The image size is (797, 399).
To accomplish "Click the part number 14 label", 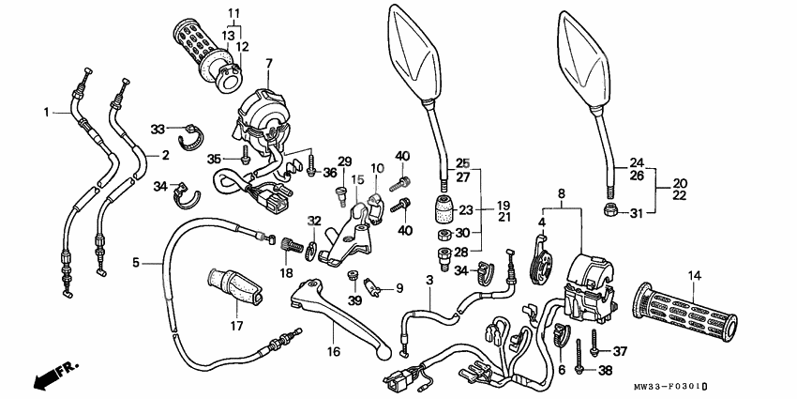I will [694, 275].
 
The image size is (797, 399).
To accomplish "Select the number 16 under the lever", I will [333, 351].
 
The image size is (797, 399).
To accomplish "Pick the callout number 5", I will [137, 264].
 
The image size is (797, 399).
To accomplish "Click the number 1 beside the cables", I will [45, 113].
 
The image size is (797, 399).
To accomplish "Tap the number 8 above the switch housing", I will [561, 195].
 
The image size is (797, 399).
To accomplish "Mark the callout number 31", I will [638, 212].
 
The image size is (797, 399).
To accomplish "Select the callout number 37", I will [619, 352].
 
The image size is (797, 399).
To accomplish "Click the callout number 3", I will [429, 281].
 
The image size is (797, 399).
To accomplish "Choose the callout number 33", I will [158, 128].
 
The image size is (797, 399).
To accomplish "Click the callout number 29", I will [345, 162].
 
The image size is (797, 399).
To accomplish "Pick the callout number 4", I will [541, 223].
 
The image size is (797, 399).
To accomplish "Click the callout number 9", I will [398, 288].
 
